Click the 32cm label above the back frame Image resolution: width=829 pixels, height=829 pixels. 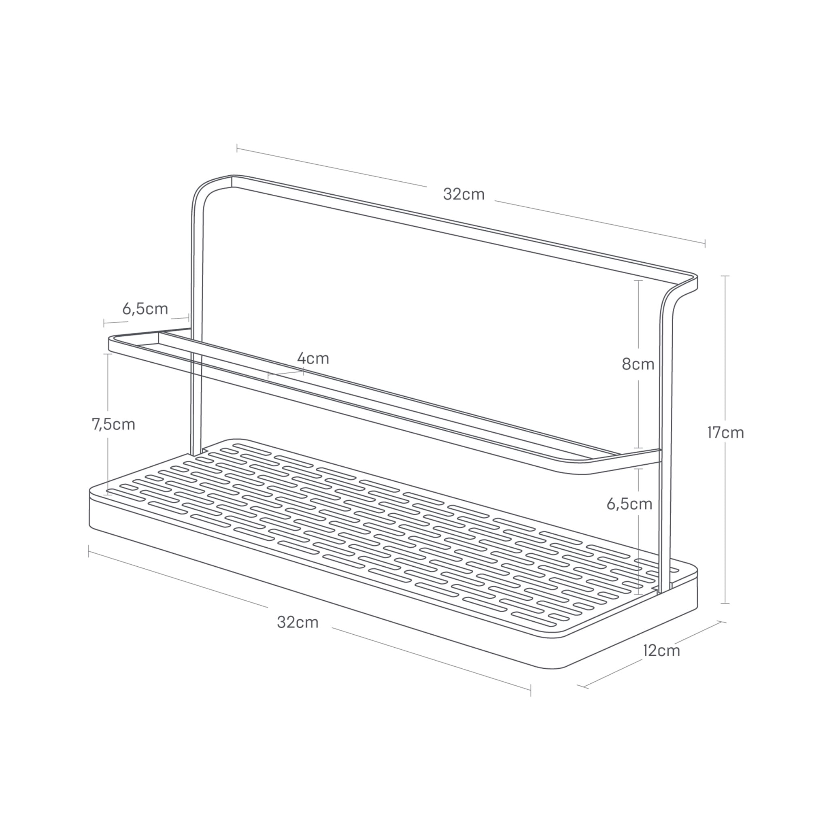(x=464, y=194)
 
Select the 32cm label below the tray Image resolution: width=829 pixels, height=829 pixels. (x=298, y=622)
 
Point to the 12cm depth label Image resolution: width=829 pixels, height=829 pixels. (x=662, y=651)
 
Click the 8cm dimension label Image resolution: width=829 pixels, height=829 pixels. (x=638, y=364)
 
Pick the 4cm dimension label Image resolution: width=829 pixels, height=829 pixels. (x=313, y=358)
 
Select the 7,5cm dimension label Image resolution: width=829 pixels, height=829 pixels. (x=114, y=424)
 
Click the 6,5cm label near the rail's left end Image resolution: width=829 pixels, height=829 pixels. (x=145, y=308)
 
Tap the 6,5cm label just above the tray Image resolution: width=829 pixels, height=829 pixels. (x=629, y=504)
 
